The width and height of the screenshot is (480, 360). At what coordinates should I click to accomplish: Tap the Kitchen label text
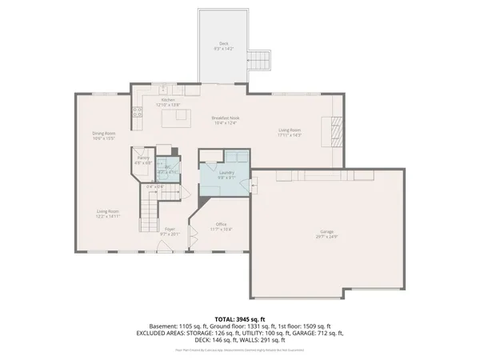click(168, 100)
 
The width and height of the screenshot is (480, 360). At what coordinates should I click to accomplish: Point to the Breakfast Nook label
click(226, 118)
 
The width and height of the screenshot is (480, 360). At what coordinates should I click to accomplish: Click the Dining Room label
click(104, 133)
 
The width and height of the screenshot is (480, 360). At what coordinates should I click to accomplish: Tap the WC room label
click(167, 168)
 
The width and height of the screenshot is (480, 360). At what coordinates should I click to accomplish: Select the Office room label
click(222, 224)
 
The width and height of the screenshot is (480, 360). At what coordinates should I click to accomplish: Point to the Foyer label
click(170, 230)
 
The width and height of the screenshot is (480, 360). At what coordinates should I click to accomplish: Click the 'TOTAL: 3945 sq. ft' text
click(240, 319)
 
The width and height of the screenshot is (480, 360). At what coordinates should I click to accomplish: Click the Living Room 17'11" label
click(289, 132)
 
